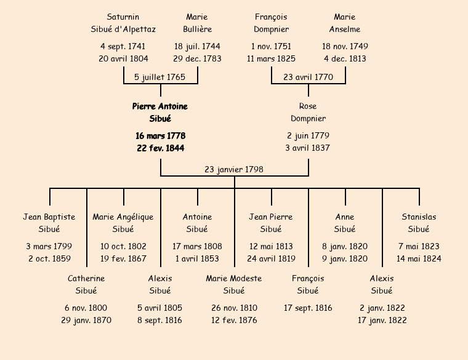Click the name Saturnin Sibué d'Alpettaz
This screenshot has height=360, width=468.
point(123,23)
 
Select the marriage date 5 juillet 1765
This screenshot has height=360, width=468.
point(160,77)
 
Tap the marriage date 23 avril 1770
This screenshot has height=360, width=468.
point(308,77)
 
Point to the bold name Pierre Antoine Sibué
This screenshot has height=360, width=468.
point(160,113)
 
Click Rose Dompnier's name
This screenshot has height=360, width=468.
point(308,113)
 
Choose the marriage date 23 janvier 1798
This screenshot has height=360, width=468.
point(234,169)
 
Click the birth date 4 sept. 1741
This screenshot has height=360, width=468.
point(123,46)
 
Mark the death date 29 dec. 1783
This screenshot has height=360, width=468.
point(197,59)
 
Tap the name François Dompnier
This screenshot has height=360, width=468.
point(271,23)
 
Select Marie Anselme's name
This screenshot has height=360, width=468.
point(345,23)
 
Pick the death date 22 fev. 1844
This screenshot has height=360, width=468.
point(160,148)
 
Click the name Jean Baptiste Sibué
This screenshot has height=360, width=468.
point(49,223)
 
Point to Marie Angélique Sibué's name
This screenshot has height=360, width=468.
point(123,223)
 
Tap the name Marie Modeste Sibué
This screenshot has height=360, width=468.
point(234,284)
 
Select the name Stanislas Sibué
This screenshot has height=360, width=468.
point(419,223)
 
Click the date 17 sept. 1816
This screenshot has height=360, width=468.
point(308,308)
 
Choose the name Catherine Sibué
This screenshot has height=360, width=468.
point(86,284)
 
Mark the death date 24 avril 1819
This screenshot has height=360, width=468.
point(271,259)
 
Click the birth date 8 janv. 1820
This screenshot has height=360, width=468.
point(345,246)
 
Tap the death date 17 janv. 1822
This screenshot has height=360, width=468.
point(382,321)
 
